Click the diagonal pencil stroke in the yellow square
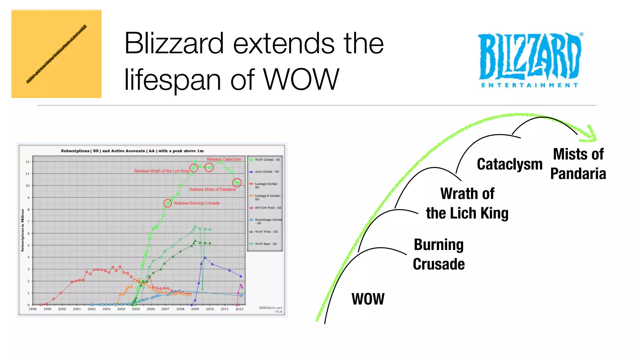pos(57,54)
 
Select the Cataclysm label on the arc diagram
pos(509,164)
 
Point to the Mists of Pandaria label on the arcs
pos(578,164)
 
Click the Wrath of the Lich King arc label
pos(467,203)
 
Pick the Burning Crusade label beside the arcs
pos(439,254)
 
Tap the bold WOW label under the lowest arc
pos(368,299)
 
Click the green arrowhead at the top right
pos(591,134)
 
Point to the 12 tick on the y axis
pos(27,162)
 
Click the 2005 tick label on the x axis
pos(136,309)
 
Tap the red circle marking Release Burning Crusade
pos(168,203)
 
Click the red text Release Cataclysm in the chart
pos(224,159)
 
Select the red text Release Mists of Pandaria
pos(212,189)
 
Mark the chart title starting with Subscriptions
pos(132,151)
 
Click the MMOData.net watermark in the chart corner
pos(270,308)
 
